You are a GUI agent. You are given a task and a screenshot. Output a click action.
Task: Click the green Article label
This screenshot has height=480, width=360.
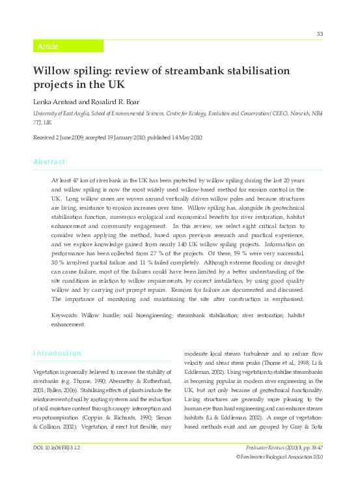tap(48, 46)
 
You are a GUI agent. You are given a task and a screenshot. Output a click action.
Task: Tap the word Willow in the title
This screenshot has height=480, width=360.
tap(53, 71)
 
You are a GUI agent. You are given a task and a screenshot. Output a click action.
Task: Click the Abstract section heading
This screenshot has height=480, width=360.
tap(49, 162)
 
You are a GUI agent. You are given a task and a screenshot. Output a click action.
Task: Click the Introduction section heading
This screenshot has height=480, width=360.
tap(57, 353)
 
